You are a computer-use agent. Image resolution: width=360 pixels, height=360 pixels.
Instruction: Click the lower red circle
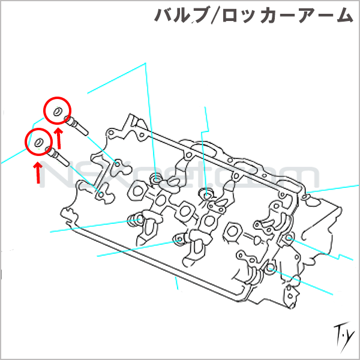[x=39, y=143]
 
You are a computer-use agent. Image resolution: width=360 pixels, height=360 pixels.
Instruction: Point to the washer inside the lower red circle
[x=38, y=143]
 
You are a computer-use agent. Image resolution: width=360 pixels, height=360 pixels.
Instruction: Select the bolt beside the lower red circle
[x=58, y=157]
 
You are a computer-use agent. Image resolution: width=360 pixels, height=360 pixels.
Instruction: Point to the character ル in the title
[x=182, y=16]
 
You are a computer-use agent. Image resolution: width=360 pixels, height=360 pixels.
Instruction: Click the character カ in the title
[x=263, y=16]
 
